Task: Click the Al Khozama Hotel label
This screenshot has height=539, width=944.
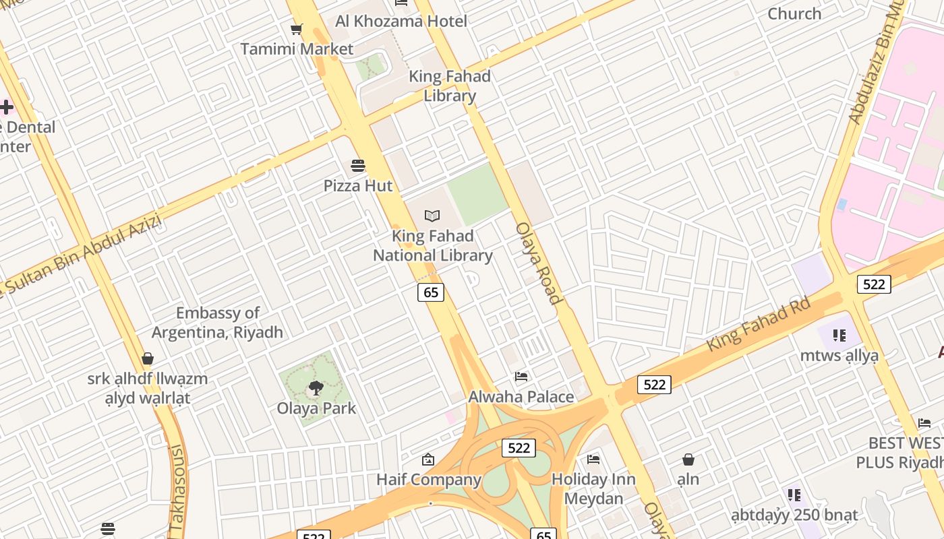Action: click(x=401, y=21)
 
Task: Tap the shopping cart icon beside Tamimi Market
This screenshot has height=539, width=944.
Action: click(x=295, y=29)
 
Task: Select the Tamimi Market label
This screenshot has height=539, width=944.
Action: click(x=297, y=49)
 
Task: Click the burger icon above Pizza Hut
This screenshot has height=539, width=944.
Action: click(x=358, y=166)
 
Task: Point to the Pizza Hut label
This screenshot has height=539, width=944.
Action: click(x=358, y=185)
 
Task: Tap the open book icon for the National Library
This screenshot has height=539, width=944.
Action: click(x=432, y=216)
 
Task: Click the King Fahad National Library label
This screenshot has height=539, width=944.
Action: click(x=433, y=246)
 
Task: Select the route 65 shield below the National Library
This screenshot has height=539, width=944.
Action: click(x=431, y=292)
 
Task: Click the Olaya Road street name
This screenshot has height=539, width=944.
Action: click(x=538, y=263)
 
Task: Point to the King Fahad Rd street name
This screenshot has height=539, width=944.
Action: click(x=758, y=325)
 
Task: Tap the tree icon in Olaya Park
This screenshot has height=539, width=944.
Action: click(x=315, y=388)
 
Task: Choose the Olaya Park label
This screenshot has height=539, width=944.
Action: click(x=316, y=408)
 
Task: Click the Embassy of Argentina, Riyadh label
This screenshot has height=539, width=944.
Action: click(x=217, y=323)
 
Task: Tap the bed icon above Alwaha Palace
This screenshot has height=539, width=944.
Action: click(x=521, y=376)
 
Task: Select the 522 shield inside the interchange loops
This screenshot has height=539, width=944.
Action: click(x=519, y=448)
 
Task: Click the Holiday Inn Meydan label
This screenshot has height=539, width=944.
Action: click(x=593, y=488)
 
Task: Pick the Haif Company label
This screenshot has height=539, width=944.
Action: click(x=429, y=480)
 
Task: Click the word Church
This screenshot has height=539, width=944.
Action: click(x=794, y=13)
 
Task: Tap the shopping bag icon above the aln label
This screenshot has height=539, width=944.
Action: click(x=688, y=459)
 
